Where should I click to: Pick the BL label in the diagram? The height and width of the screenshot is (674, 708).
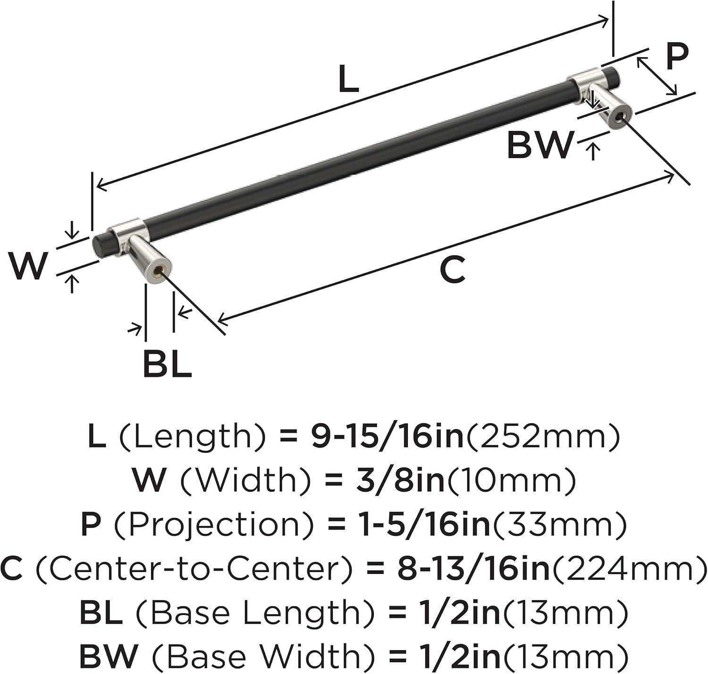167,364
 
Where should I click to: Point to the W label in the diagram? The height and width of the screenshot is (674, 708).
28,266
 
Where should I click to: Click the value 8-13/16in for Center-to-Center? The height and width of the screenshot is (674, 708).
473,568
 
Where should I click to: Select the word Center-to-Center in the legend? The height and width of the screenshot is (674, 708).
194,568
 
